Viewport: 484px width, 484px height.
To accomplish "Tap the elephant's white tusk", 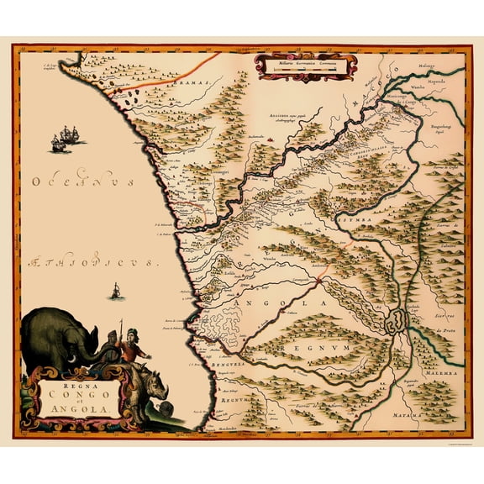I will point(81,356).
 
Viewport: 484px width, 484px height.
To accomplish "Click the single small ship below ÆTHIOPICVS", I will point(113,292).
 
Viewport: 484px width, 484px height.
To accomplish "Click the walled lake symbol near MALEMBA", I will point(396,320).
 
